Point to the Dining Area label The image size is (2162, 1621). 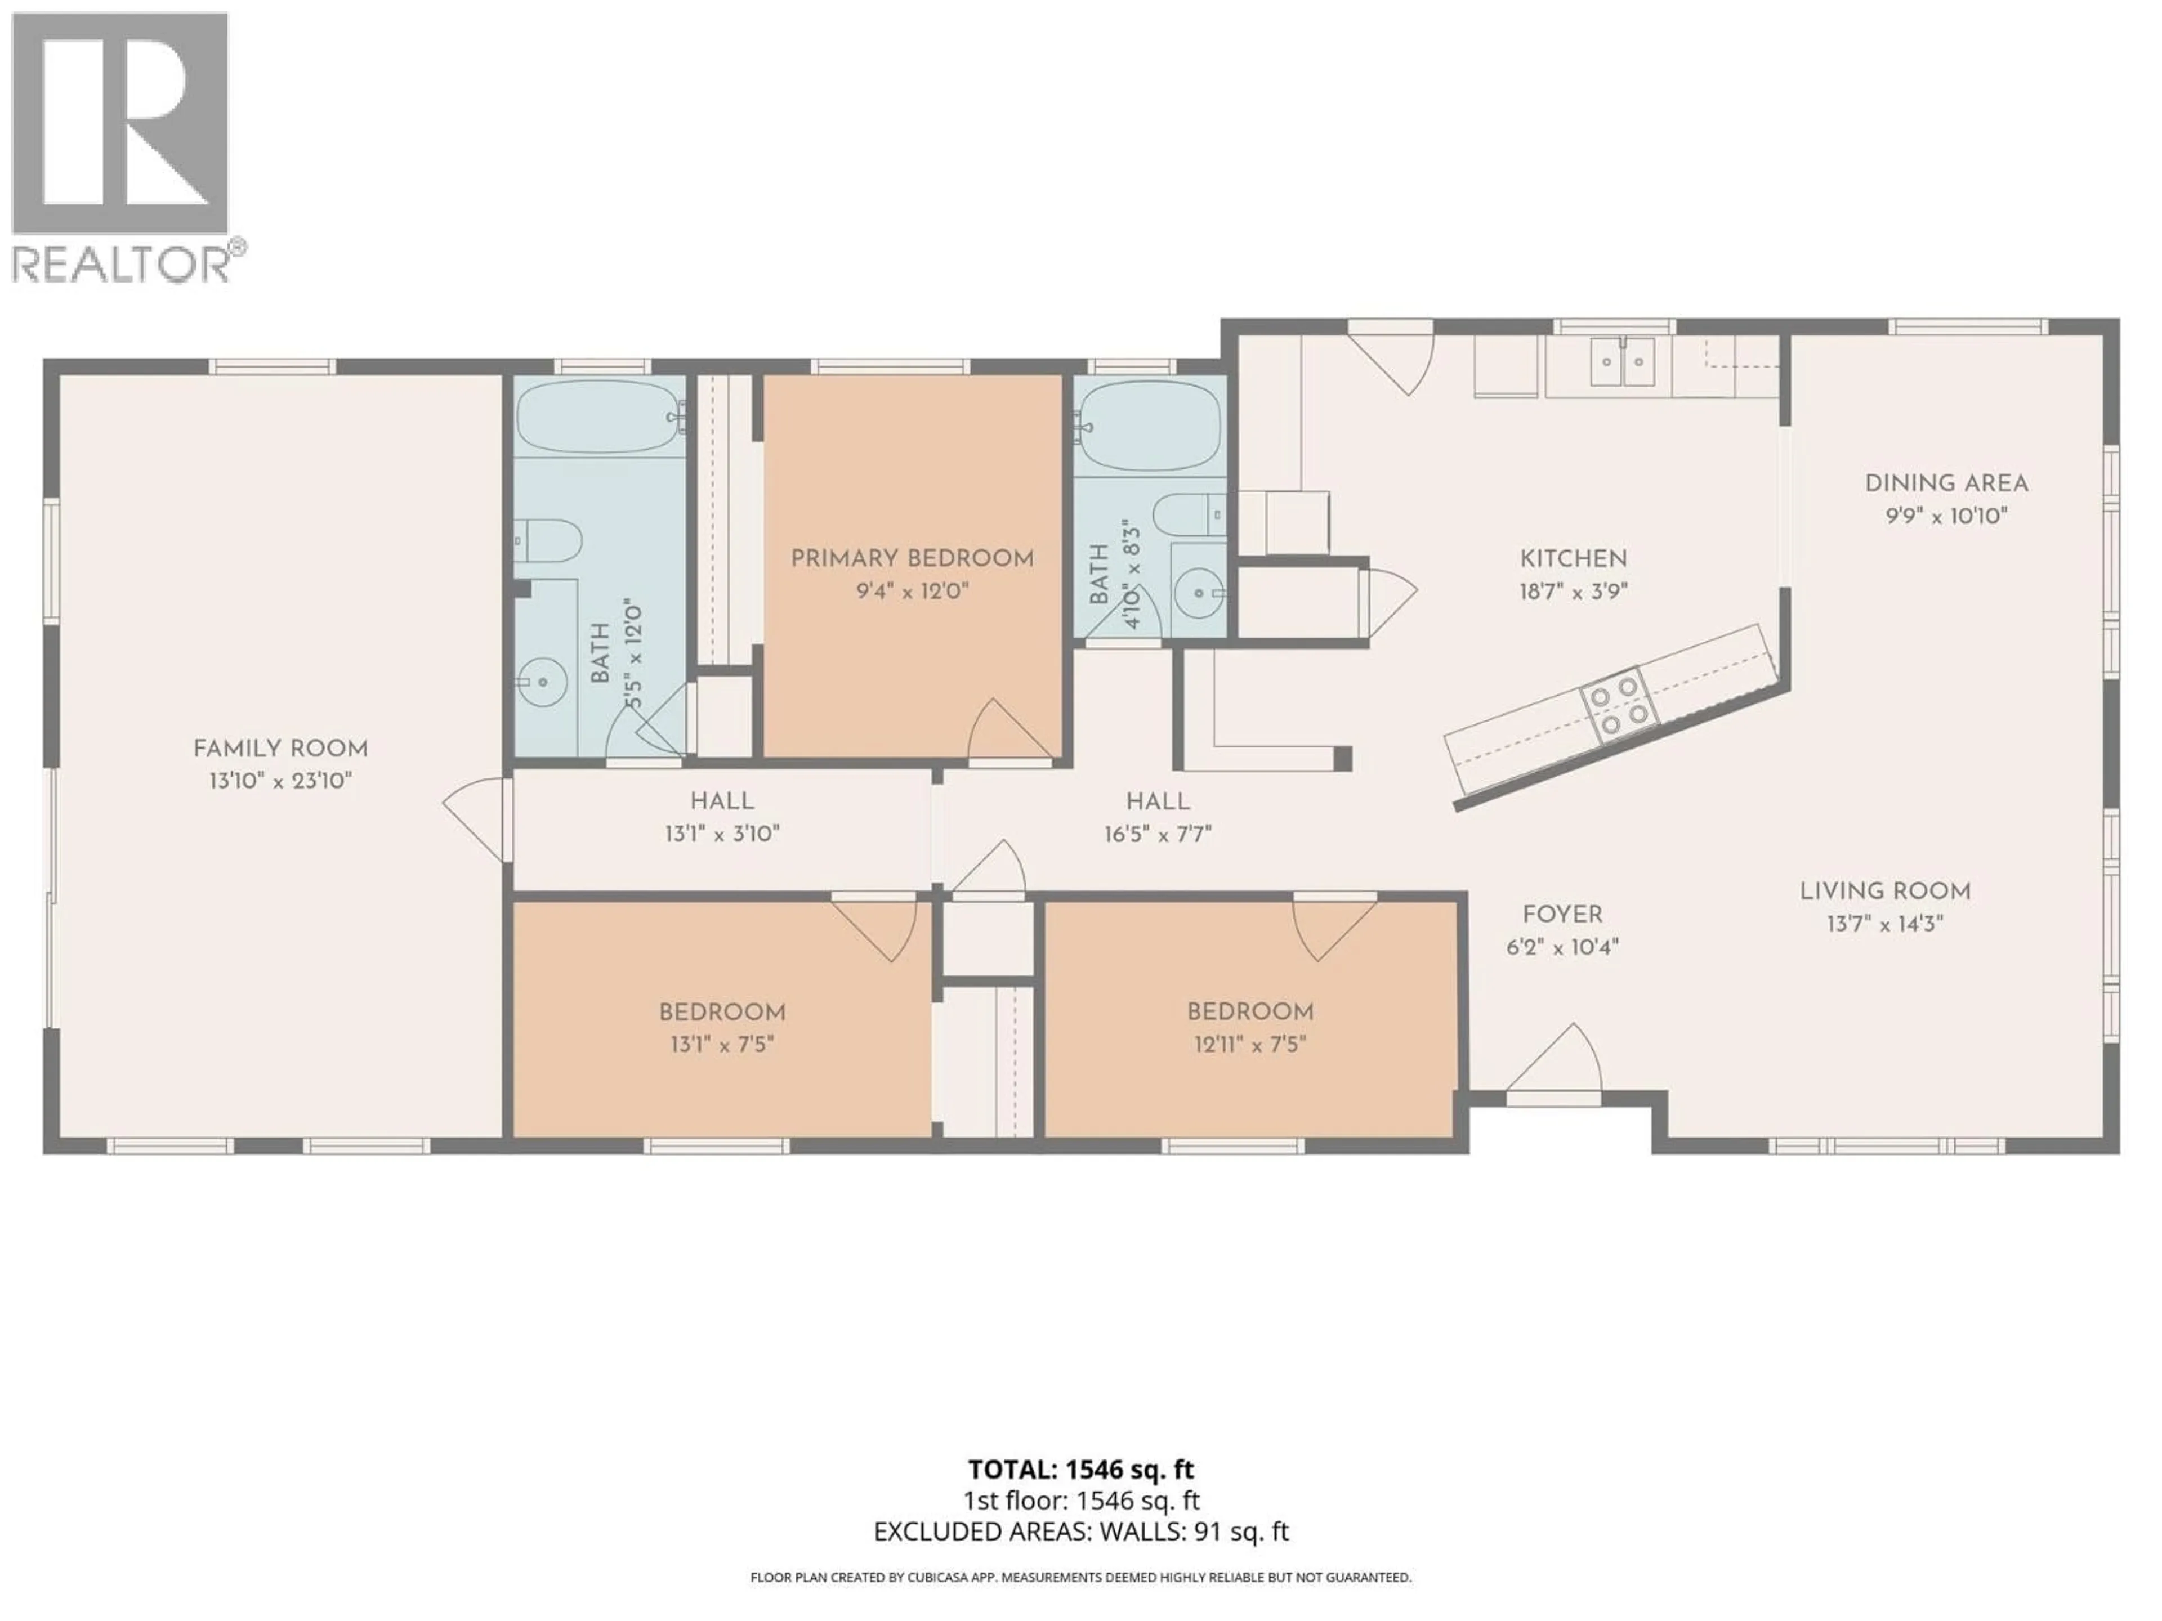pos(1945,483)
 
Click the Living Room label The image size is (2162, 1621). pos(1884,891)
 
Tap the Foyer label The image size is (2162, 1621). pos(1562,915)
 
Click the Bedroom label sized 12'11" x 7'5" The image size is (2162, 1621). pos(1249,1012)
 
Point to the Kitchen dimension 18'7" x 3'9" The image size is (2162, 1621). pos(1573,591)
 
